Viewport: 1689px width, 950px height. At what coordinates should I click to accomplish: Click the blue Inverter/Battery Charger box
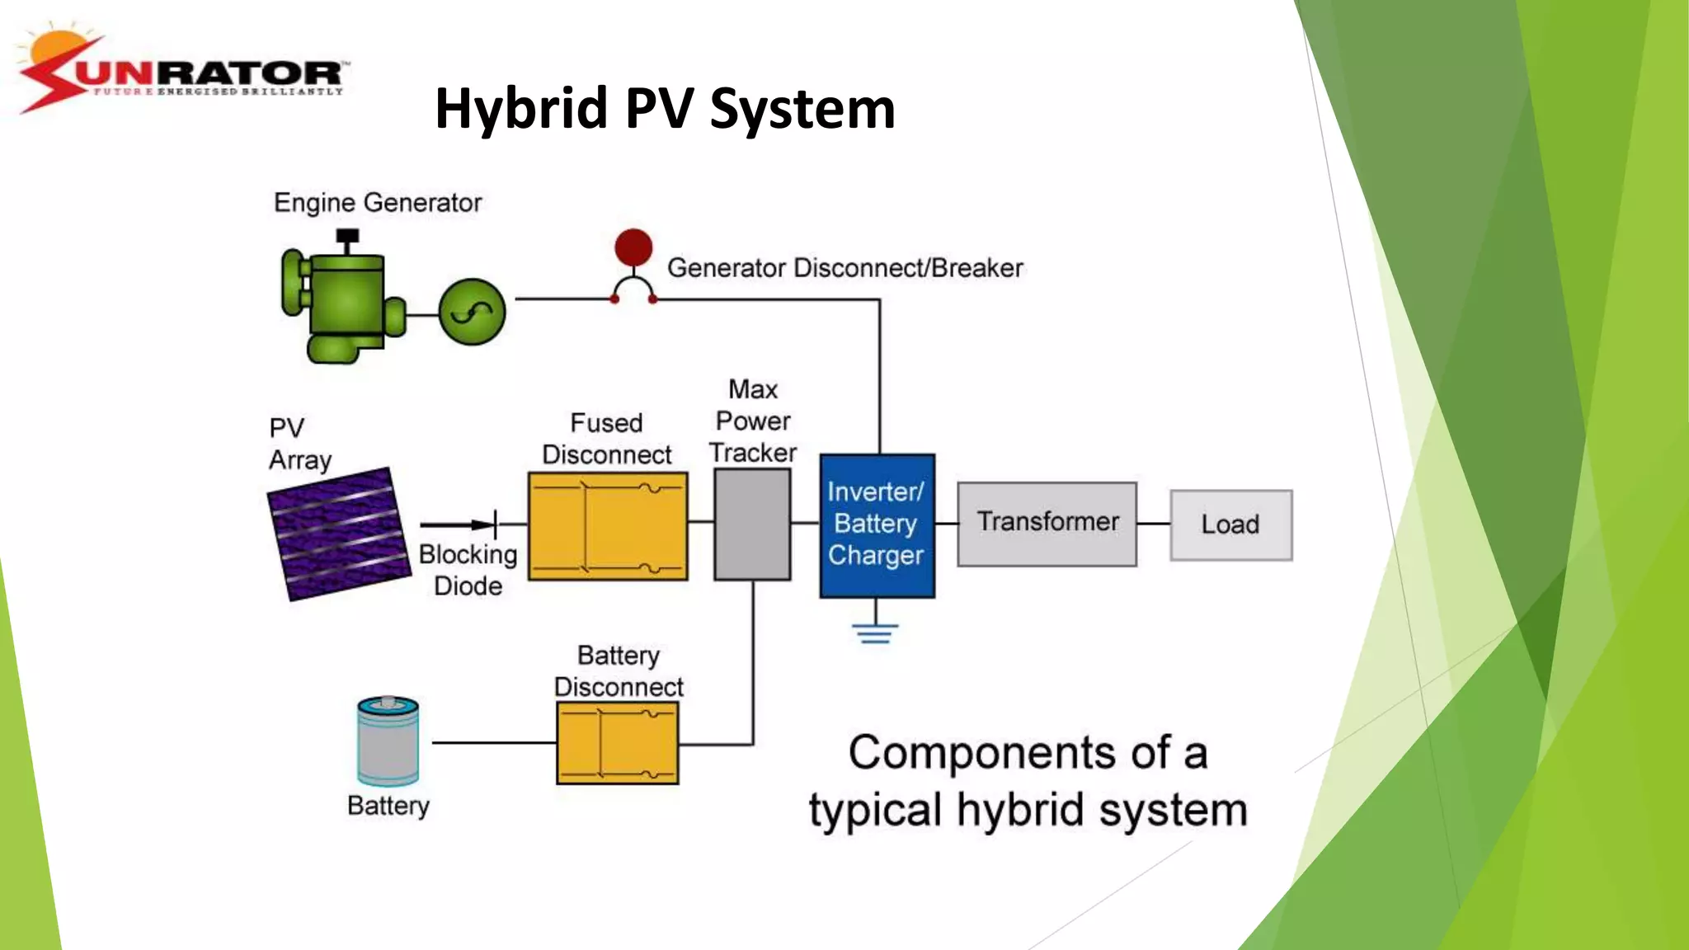877,525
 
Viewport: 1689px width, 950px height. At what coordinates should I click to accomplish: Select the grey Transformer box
1047,524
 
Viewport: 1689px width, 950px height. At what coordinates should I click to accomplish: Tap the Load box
1230,525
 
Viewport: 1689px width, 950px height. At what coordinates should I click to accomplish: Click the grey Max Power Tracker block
752,524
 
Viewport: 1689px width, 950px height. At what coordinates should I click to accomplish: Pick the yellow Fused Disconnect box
608,526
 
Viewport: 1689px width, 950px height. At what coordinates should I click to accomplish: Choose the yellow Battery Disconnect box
618,742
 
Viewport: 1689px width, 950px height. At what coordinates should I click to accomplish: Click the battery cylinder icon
388,741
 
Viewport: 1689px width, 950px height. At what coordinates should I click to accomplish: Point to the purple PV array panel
339,533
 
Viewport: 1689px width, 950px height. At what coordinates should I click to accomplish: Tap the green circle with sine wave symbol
472,312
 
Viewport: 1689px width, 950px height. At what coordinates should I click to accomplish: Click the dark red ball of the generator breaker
633,247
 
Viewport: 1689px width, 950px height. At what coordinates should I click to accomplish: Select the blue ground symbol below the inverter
875,633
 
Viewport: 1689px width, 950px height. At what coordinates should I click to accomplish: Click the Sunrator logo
181,73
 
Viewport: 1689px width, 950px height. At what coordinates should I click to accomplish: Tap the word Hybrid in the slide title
521,109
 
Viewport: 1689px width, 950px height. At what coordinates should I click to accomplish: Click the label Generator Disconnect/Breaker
844,268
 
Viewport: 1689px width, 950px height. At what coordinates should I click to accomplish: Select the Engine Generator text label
378,203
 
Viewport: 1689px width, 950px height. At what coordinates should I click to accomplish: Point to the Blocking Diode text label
468,570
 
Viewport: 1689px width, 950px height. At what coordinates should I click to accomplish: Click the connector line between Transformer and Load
1153,524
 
